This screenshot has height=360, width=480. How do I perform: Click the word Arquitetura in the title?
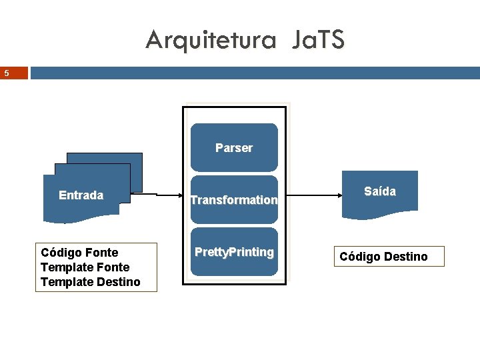(x=211, y=41)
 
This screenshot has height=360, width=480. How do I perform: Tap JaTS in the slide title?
(x=317, y=41)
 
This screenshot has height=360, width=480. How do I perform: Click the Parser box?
(x=234, y=148)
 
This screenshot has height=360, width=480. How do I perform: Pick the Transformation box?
(x=234, y=199)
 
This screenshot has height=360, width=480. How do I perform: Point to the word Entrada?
(x=81, y=195)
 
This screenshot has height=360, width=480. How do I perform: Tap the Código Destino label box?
(x=384, y=257)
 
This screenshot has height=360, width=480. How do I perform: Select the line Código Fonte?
(x=79, y=253)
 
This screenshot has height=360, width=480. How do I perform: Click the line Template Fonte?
(x=85, y=267)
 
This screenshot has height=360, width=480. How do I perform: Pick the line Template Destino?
(x=90, y=282)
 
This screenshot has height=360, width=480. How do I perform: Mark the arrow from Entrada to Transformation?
(x=160, y=195)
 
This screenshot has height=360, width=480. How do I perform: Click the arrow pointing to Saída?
(x=313, y=195)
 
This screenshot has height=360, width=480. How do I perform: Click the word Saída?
(x=380, y=191)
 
